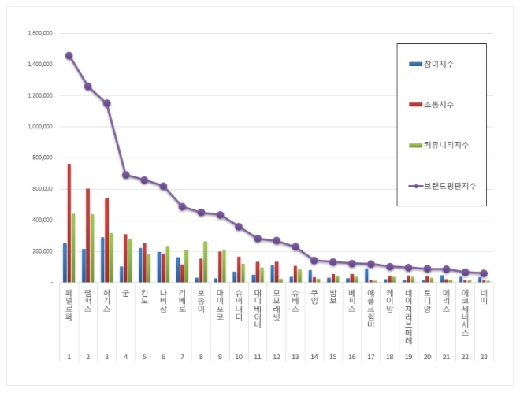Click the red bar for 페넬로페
(x=69, y=223)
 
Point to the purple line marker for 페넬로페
(x=69, y=56)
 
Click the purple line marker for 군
(x=125, y=175)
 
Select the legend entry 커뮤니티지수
(x=444, y=145)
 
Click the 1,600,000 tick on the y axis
(x=39, y=34)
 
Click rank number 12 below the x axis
(x=276, y=357)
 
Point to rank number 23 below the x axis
(x=484, y=357)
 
